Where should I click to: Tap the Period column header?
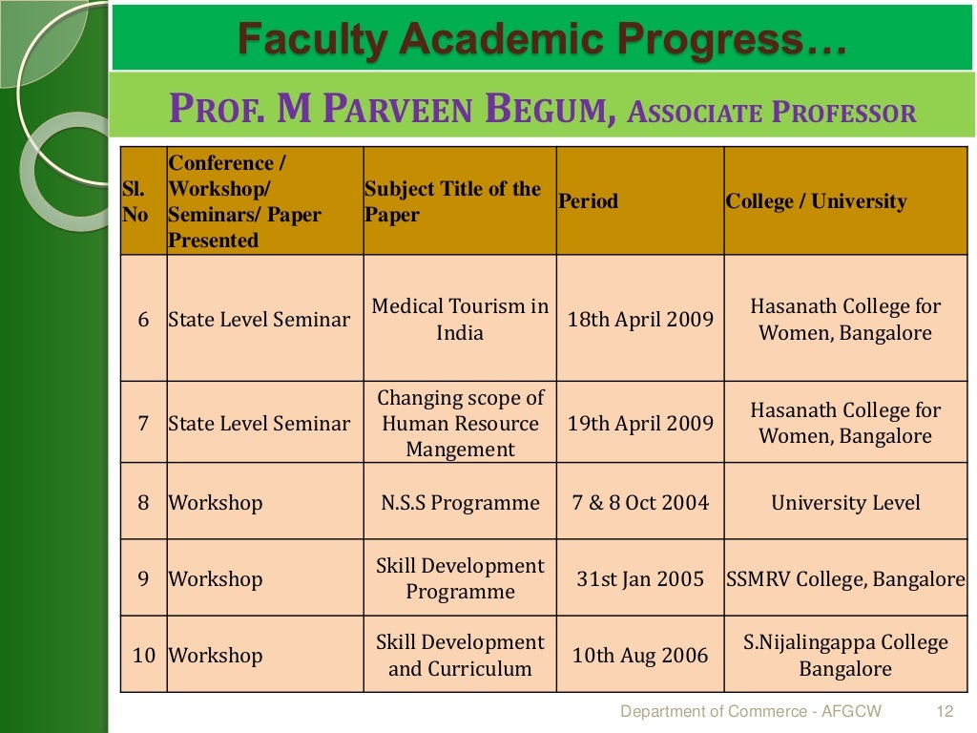588,201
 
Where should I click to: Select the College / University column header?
816,201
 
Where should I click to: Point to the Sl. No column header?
135,202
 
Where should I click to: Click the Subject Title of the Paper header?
452,201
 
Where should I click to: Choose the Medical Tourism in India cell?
460,320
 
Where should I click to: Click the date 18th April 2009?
640,320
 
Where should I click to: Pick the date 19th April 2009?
640,424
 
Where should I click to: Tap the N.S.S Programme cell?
460,503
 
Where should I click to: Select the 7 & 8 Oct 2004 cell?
640,503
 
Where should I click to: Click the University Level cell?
845,503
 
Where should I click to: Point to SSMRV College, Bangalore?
845,579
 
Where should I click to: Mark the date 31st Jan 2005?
640,579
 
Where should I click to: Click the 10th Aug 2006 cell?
640,656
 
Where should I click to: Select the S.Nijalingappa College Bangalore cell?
845,656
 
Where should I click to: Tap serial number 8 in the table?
143,503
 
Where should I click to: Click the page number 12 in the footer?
946,711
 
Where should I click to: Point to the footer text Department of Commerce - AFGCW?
751,711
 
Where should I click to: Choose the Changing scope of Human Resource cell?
460,424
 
